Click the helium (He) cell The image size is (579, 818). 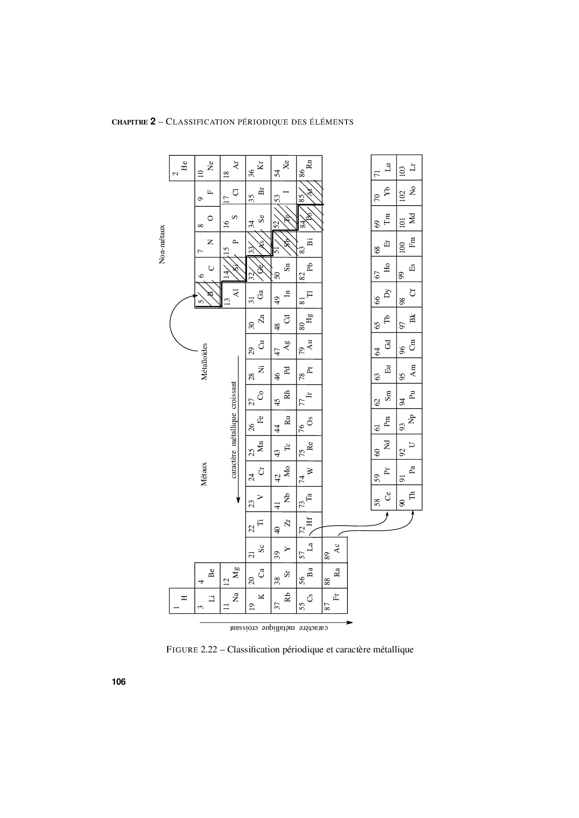click(182, 167)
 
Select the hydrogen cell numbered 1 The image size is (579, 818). click(182, 601)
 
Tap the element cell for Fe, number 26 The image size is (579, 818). click(258, 422)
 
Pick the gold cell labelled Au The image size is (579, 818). click(309, 346)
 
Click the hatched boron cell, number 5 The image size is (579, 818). click(207, 295)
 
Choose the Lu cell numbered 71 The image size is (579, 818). click(384, 167)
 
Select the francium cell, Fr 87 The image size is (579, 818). click(335, 601)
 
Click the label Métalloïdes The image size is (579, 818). click(204, 361)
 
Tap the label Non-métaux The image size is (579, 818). click(162, 244)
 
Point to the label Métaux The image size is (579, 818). click(204, 474)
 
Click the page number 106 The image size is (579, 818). click(119, 682)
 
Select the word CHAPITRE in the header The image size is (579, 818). click(129, 122)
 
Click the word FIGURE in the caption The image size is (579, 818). click(182, 650)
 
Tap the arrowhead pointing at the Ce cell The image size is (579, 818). click(387, 514)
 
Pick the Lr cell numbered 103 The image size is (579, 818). click(410, 167)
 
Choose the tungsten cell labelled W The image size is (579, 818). click(309, 473)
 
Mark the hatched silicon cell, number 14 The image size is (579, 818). click(233, 270)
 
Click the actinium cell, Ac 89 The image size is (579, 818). click(335, 550)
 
